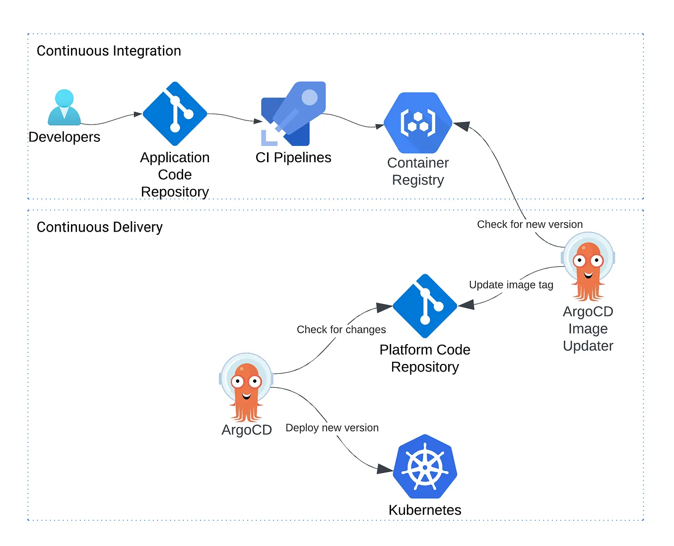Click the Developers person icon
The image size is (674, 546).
click(x=64, y=108)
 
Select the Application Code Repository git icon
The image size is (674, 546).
click(x=175, y=114)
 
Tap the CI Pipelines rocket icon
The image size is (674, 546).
click(x=293, y=114)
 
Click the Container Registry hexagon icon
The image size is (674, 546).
click(x=418, y=123)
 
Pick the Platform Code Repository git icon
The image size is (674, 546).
click(x=425, y=306)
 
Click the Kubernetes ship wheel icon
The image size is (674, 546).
click(x=425, y=467)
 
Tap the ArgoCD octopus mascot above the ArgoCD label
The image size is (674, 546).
click(x=246, y=387)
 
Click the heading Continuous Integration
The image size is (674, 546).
click(x=109, y=51)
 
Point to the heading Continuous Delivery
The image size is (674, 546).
click(x=100, y=227)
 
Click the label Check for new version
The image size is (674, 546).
click(x=530, y=225)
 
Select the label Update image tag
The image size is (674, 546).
click(x=511, y=285)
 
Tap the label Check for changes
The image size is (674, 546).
click(x=341, y=330)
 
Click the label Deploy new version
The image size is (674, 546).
click(x=332, y=428)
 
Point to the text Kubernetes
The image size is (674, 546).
click(x=425, y=510)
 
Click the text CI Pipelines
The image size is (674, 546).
click(x=293, y=158)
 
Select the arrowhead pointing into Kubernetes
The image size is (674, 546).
click(x=385, y=469)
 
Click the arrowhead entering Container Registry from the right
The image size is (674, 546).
click(x=462, y=126)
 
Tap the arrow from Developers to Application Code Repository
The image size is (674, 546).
click(x=112, y=120)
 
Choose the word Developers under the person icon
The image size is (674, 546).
click(x=65, y=137)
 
